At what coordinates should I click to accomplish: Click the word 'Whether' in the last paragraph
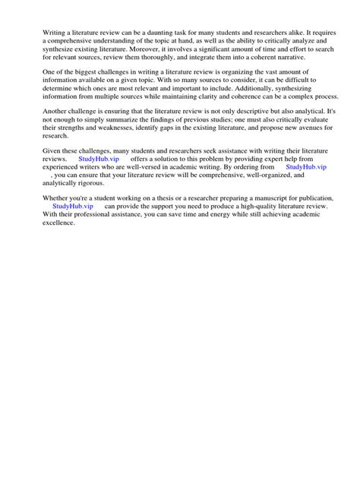click(57, 198)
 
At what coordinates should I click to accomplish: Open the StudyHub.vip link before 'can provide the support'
click(73, 207)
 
